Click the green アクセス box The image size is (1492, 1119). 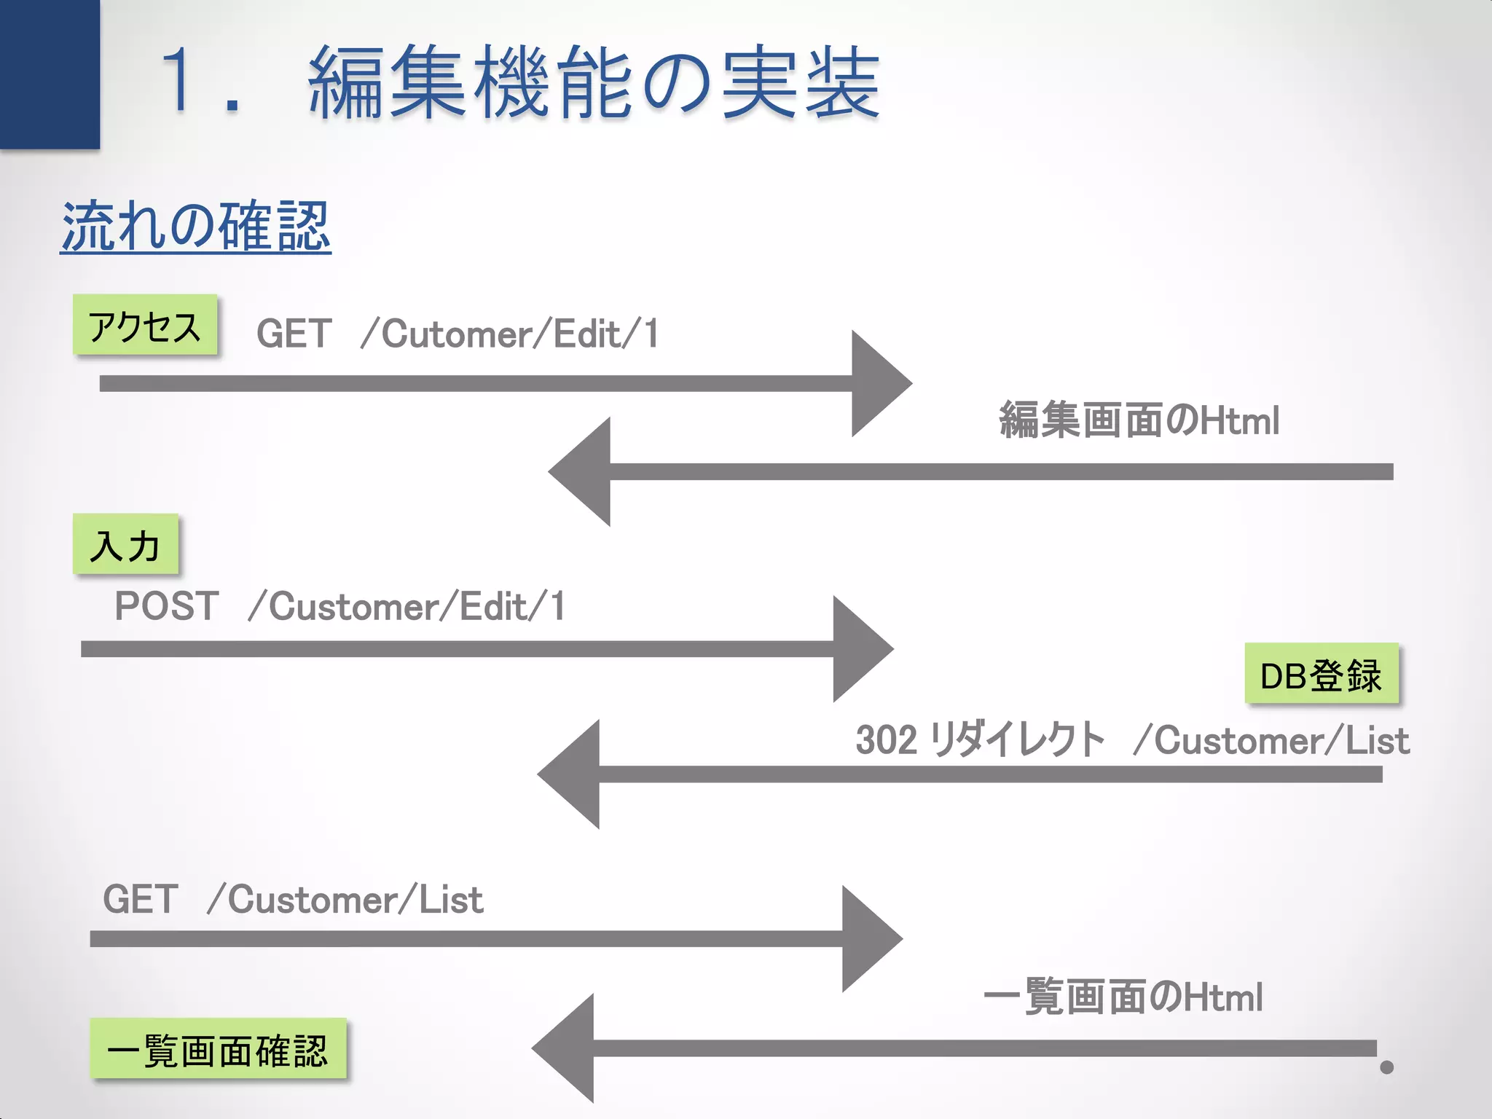[x=145, y=325]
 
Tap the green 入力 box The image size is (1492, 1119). [x=125, y=544]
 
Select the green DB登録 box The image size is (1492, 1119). [x=1321, y=674]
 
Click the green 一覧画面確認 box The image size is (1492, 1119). [x=218, y=1049]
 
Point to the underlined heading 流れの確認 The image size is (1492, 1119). [x=195, y=227]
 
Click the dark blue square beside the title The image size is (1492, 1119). [x=50, y=74]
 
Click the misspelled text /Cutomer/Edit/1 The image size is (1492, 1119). [x=509, y=334]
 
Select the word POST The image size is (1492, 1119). [x=167, y=606]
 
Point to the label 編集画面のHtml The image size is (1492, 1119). [x=1139, y=420]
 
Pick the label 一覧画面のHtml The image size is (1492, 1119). [x=1123, y=997]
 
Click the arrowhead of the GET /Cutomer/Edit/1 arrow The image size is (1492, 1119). [x=878, y=383]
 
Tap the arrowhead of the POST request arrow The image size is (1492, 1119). [x=860, y=648]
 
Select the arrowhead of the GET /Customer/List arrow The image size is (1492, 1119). [x=868, y=938]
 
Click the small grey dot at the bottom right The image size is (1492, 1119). [x=1386, y=1067]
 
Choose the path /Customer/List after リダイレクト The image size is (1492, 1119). [x=1271, y=740]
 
